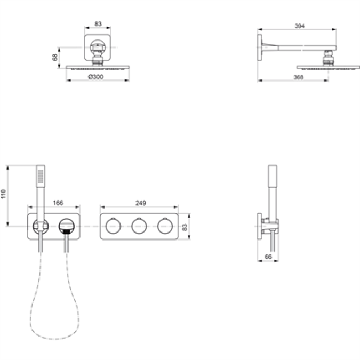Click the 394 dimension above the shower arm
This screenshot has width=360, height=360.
[x=299, y=25]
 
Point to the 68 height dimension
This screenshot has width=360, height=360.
[x=55, y=57]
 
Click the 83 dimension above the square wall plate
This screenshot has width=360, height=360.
[x=99, y=25]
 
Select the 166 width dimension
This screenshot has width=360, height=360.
[x=59, y=203]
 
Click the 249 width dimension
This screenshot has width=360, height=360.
[x=140, y=203]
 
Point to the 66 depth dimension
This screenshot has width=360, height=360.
[x=268, y=257]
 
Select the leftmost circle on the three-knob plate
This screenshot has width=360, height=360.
[x=113, y=226]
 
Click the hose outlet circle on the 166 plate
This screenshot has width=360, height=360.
[x=66, y=226]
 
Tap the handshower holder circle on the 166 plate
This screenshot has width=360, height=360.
[x=40, y=226]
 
